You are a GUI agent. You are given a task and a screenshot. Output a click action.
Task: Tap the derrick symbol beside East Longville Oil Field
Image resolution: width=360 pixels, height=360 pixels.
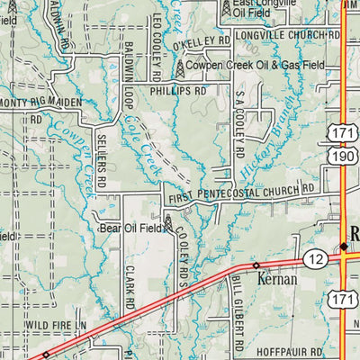coord(226,9)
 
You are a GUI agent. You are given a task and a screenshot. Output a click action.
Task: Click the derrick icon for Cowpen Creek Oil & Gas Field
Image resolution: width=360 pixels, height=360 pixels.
coord(180,66)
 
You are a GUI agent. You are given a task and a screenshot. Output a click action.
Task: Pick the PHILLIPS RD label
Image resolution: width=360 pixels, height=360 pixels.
coord(178,91)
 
